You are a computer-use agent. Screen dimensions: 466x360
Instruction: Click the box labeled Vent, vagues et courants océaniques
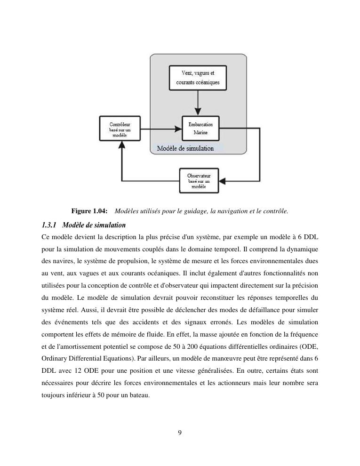[x=198, y=78]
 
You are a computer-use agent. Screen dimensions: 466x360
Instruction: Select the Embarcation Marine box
[x=200, y=129]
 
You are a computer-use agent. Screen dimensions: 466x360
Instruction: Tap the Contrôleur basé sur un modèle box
[x=120, y=129]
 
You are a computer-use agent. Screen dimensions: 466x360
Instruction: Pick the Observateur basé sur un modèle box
[x=199, y=181]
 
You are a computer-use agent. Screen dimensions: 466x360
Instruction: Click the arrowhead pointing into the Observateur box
[x=223, y=181]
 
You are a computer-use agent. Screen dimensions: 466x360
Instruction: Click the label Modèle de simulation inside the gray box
[x=185, y=148]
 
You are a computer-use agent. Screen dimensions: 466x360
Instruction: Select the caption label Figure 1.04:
[x=89, y=211]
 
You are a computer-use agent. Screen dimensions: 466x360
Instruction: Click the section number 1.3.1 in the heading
[x=49, y=225]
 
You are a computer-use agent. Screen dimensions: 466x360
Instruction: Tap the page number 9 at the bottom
[x=180, y=433]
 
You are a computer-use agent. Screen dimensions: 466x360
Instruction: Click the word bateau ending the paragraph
[x=139, y=395]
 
